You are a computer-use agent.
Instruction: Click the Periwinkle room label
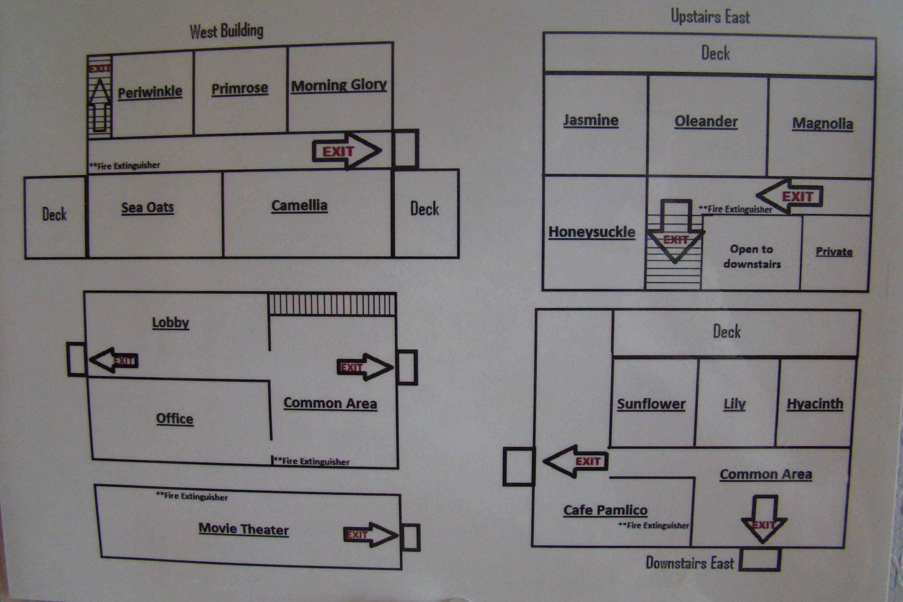pyautogui.click(x=150, y=92)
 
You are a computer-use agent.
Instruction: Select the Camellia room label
pyautogui.click(x=300, y=205)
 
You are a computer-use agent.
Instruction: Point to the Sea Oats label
pyautogui.click(x=148, y=208)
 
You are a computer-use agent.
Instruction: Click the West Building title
pyautogui.click(x=227, y=31)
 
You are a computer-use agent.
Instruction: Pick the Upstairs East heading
pyautogui.click(x=710, y=16)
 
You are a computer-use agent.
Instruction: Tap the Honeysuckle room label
pyautogui.click(x=592, y=232)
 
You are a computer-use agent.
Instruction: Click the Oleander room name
pyautogui.click(x=706, y=121)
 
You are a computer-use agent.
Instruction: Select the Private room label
pyautogui.click(x=834, y=252)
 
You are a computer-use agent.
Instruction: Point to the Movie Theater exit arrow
pyautogui.click(x=370, y=534)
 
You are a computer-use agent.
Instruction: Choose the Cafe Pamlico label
pyautogui.click(x=605, y=510)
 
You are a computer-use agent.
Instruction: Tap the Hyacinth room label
pyautogui.click(x=815, y=404)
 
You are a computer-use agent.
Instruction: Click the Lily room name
pyautogui.click(x=734, y=404)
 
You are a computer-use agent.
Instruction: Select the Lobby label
pyautogui.click(x=171, y=323)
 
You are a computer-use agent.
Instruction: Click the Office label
pyautogui.click(x=175, y=418)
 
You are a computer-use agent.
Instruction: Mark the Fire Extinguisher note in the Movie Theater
pyautogui.click(x=192, y=496)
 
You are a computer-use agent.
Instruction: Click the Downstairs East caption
pyautogui.click(x=690, y=563)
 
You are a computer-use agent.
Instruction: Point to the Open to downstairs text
pyautogui.click(x=752, y=256)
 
